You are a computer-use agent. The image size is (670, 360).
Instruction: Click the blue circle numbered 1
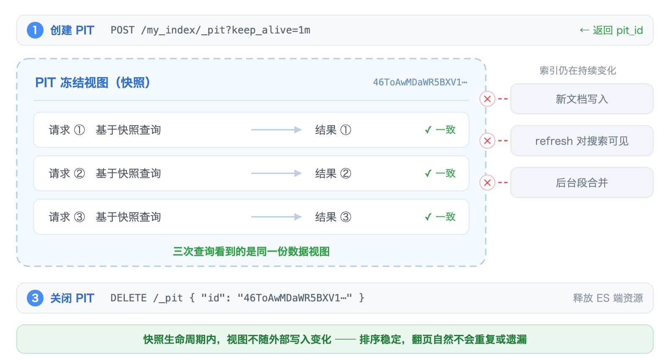(x=35, y=30)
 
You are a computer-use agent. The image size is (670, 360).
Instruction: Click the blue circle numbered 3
(x=35, y=298)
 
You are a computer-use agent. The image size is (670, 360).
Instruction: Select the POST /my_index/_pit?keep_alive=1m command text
(x=210, y=30)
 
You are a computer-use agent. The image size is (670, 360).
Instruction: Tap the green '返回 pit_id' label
(x=611, y=30)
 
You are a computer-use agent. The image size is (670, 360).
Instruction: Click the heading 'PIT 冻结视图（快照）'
(x=93, y=82)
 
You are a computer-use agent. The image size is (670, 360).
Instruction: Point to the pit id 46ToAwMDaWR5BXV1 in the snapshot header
(x=420, y=82)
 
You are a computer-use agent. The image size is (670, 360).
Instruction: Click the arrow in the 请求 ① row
(x=276, y=130)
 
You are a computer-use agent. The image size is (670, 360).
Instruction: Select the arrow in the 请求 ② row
(x=276, y=173)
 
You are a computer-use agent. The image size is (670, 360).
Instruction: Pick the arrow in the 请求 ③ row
(x=276, y=217)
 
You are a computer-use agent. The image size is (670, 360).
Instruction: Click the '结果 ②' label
(x=333, y=173)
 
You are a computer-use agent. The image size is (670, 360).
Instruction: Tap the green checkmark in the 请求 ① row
(x=428, y=130)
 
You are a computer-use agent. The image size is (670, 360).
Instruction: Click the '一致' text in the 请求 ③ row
(x=446, y=217)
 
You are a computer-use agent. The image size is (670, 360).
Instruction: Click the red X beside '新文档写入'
(x=487, y=99)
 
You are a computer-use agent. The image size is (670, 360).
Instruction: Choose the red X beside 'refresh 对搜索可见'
(x=487, y=141)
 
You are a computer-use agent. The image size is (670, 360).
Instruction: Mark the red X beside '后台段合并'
(x=487, y=183)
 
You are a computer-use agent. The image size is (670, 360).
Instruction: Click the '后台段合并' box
(x=582, y=183)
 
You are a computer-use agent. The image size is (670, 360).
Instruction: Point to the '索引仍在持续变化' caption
(x=577, y=71)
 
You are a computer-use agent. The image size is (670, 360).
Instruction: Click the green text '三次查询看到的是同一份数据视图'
(x=251, y=252)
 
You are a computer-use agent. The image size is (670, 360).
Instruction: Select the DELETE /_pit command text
(x=237, y=298)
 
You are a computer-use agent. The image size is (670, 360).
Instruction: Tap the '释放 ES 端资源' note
(x=608, y=298)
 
